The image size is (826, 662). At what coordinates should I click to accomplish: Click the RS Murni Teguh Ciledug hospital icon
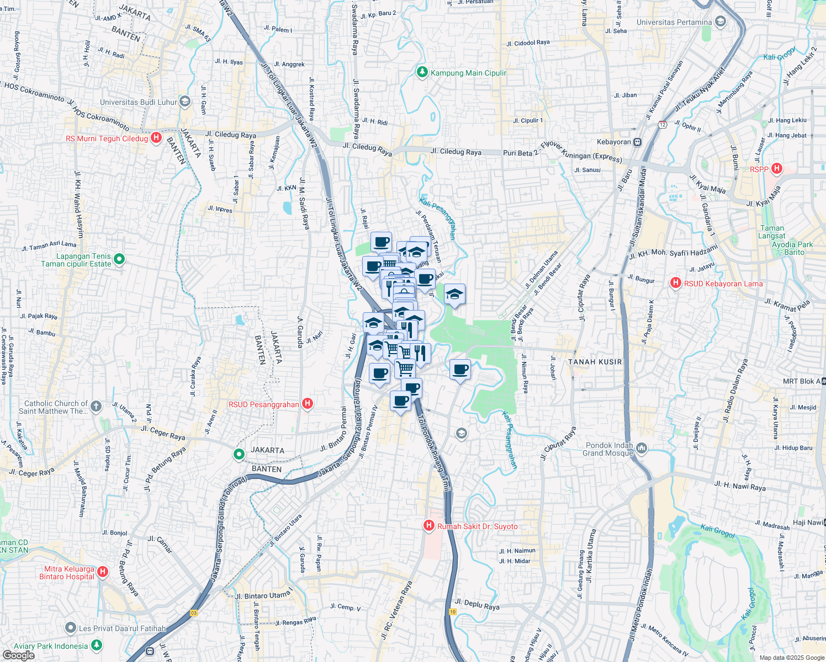tap(156, 138)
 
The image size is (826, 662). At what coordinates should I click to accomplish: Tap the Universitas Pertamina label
tap(674, 22)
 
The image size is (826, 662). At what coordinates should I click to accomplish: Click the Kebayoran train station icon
tap(637, 142)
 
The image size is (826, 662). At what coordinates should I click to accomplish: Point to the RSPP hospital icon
tap(777, 169)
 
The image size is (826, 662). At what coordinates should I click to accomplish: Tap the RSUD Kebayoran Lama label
tap(723, 284)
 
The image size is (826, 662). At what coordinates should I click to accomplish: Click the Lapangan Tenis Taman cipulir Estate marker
tap(120, 259)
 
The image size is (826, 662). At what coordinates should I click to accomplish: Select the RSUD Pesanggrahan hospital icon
tap(308, 404)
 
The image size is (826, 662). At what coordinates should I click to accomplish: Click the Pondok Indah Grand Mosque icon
tap(641, 447)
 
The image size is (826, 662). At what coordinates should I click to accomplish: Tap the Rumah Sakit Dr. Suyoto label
tap(478, 526)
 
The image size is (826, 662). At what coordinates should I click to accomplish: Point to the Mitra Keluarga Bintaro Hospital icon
tap(102, 572)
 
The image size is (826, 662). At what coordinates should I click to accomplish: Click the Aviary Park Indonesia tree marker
tap(97, 645)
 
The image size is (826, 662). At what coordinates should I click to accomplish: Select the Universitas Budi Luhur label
tap(139, 102)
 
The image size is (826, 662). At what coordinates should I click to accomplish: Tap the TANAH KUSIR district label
tap(595, 362)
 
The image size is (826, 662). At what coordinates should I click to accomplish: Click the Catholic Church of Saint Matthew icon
tap(96, 407)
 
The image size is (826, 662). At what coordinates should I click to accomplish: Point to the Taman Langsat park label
tap(772, 232)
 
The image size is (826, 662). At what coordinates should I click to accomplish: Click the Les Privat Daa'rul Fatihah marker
tap(70, 628)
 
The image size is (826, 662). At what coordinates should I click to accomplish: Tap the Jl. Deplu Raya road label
tap(477, 605)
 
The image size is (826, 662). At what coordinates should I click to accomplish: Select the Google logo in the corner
tap(18, 655)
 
